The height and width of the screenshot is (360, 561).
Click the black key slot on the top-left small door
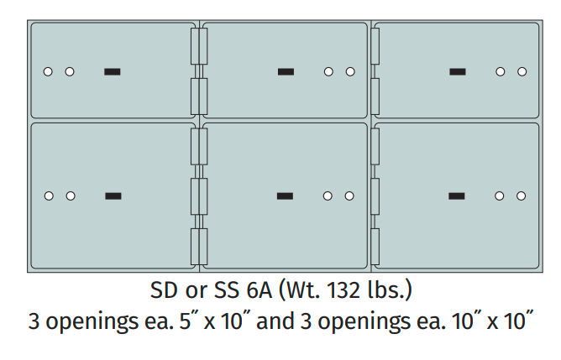pyautogui.click(x=112, y=71)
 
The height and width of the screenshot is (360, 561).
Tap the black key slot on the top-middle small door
pyautogui.click(x=286, y=71)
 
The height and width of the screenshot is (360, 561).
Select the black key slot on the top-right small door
pyautogui.click(x=457, y=71)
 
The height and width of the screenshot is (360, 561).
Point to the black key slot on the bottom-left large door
pyautogui.click(x=113, y=196)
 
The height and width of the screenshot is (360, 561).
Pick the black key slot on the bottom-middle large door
pyautogui.click(x=286, y=196)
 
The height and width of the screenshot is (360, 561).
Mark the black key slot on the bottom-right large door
pyautogui.click(x=457, y=196)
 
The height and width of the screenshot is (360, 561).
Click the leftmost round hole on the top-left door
pyautogui.click(x=48, y=71)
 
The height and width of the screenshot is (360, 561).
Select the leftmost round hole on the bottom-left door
pyautogui.click(x=49, y=196)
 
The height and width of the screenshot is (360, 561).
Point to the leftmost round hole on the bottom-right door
pyautogui.click(x=500, y=196)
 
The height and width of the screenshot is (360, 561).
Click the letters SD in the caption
pyautogui.click(x=163, y=292)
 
